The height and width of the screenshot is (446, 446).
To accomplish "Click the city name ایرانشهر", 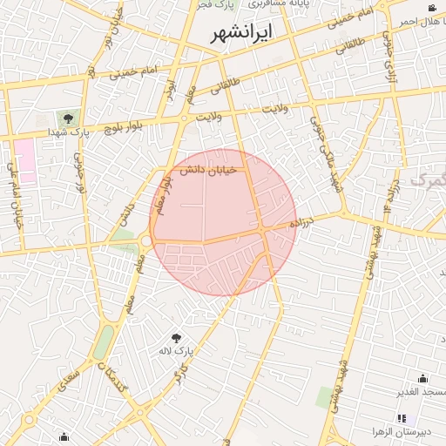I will click(x=242, y=34).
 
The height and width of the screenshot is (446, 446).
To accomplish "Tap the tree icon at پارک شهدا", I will click(x=65, y=117).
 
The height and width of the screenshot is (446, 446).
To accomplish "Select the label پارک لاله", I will click(x=174, y=350).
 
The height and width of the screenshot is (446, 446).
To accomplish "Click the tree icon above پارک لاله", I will click(x=178, y=336).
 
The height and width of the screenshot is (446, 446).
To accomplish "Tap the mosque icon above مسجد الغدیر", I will click(x=423, y=378).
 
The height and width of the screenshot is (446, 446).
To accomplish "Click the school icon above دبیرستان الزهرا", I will click(x=402, y=419).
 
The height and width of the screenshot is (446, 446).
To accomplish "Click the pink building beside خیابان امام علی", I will click(x=24, y=159).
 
